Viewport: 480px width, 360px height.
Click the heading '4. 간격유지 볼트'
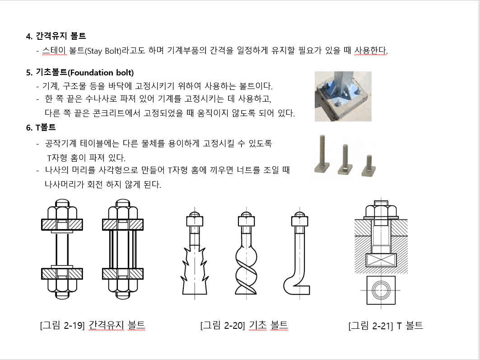[x=56, y=36]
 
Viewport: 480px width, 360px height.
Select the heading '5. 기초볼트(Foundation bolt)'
[x=80, y=73]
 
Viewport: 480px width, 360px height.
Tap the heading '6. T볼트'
[x=41, y=127]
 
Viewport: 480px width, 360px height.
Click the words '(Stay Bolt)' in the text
[x=103, y=51]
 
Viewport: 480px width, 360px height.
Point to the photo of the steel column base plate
[x=343, y=96]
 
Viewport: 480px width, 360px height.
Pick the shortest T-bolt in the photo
[x=368, y=166]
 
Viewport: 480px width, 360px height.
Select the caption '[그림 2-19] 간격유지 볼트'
[x=93, y=325]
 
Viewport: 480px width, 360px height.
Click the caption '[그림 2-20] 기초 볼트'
[x=244, y=325]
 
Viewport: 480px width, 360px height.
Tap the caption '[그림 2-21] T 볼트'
[x=386, y=325]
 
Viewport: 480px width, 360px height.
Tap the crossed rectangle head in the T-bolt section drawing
[x=381, y=260]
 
